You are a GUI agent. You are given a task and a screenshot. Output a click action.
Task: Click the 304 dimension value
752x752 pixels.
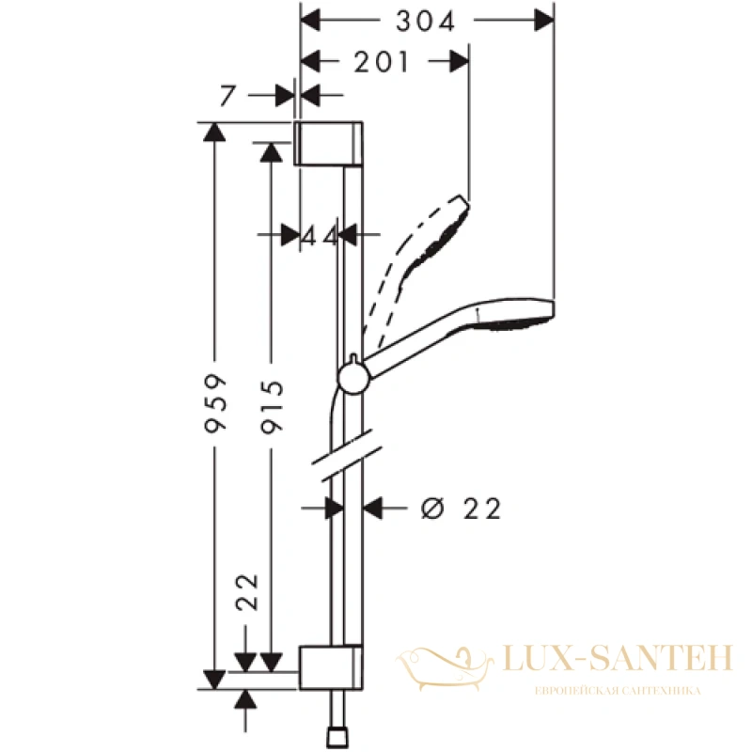(x=425, y=22)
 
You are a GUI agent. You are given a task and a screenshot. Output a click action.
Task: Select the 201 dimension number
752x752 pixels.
(x=382, y=62)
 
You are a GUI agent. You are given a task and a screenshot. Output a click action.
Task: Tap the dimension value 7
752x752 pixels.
(x=227, y=95)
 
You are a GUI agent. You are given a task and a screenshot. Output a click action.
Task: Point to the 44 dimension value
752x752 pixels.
(x=320, y=237)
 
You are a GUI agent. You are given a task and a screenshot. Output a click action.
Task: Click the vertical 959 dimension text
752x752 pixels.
(x=215, y=404)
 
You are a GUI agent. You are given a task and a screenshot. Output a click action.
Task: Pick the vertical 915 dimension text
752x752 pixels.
(x=272, y=407)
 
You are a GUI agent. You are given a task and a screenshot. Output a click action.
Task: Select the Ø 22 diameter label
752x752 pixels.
(x=461, y=509)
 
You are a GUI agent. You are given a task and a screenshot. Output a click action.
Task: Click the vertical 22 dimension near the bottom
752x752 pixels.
(x=248, y=592)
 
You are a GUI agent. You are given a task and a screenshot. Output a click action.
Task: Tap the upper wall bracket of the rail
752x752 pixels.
(x=328, y=144)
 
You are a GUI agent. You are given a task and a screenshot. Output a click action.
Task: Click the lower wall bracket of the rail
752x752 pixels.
(x=331, y=667)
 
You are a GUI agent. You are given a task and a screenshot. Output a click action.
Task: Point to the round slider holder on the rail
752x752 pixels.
(x=353, y=379)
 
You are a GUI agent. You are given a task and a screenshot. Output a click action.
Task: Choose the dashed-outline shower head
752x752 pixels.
(x=416, y=269)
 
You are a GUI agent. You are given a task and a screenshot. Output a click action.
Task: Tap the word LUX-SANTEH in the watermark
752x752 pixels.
(x=618, y=657)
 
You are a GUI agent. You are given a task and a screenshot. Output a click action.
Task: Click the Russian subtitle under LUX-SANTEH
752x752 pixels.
(x=618, y=691)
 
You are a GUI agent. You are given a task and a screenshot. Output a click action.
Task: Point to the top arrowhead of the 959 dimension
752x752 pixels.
(x=214, y=132)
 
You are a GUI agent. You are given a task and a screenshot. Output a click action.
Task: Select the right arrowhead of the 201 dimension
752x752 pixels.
(x=460, y=61)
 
